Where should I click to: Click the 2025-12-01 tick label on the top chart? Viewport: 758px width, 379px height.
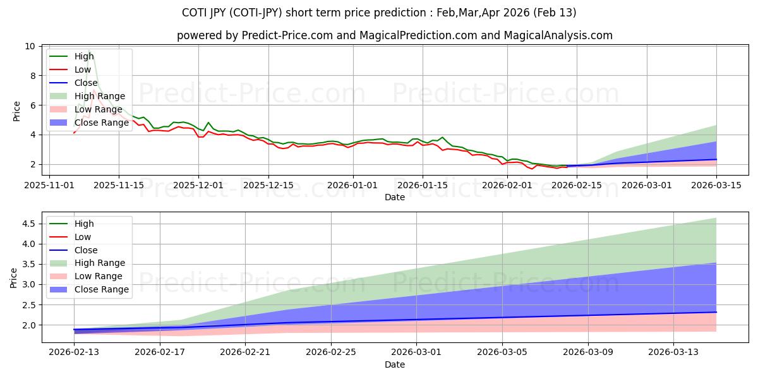tap(198, 185)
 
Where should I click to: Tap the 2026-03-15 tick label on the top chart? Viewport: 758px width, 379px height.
tap(716, 185)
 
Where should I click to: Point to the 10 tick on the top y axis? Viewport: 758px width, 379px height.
tap(30, 46)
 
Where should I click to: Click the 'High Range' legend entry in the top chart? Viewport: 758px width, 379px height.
tap(99, 96)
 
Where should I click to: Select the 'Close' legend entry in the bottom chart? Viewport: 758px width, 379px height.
tap(86, 250)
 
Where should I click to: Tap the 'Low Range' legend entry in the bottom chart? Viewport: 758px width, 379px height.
tap(99, 276)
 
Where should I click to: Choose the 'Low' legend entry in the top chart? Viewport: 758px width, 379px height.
tap(83, 69)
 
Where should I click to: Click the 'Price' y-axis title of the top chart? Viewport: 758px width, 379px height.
tap(16, 111)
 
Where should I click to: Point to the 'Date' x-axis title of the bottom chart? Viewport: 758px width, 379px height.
tap(395, 364)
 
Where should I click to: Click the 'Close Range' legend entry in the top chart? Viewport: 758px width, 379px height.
tap(101, 123)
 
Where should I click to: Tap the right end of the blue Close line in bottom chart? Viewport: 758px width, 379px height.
tap(716, 312)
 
